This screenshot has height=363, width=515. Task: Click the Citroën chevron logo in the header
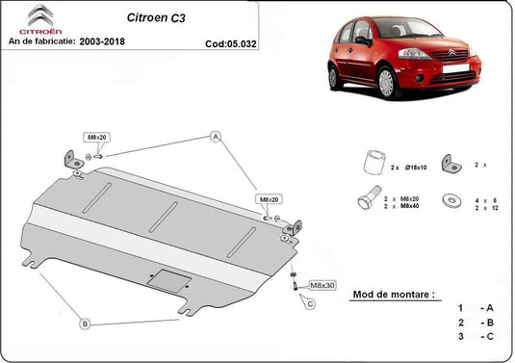click(40, 15)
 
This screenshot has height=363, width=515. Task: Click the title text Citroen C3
click(156, 17)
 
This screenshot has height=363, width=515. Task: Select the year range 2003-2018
click(102, 41)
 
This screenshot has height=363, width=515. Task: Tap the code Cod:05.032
click(231, 43)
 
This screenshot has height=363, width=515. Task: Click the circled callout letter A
click(216, 137)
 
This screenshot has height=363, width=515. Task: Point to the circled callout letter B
click(85, 324)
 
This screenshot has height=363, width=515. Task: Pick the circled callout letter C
click(310, 304)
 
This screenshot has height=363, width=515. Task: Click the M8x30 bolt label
click(322, 285)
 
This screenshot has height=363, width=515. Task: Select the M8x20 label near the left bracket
click(97, 138)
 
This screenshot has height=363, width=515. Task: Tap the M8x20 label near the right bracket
click(269, 199)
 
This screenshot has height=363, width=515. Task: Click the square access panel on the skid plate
click(169, 281)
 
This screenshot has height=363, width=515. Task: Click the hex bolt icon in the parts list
click(369, 197)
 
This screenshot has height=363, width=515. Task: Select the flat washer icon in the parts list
click(451, 200)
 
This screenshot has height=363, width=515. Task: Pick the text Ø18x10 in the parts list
click(416, 168)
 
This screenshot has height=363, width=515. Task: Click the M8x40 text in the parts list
click(409, 206)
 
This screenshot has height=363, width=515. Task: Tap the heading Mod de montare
click(393, 295)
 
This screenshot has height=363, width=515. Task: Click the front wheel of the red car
click(388, 83)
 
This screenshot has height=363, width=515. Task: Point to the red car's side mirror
click(363, 40)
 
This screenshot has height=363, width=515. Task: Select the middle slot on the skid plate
click(164, 217)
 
